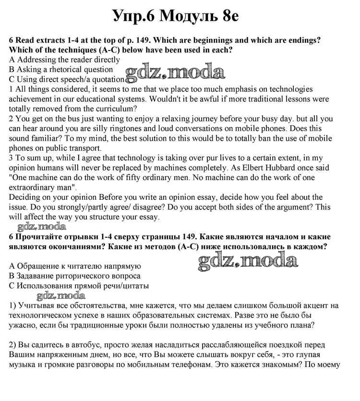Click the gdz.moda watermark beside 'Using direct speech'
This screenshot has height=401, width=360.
click(175, 73)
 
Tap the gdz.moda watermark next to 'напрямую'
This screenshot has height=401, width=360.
click(247, 261)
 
